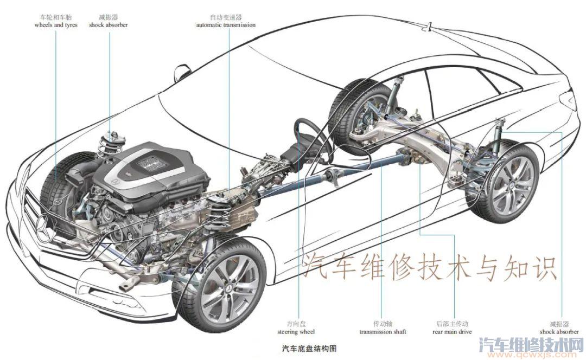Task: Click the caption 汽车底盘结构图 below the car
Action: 309,349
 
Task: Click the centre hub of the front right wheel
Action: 227,290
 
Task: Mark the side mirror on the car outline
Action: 181,73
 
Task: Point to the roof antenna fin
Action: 427,27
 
